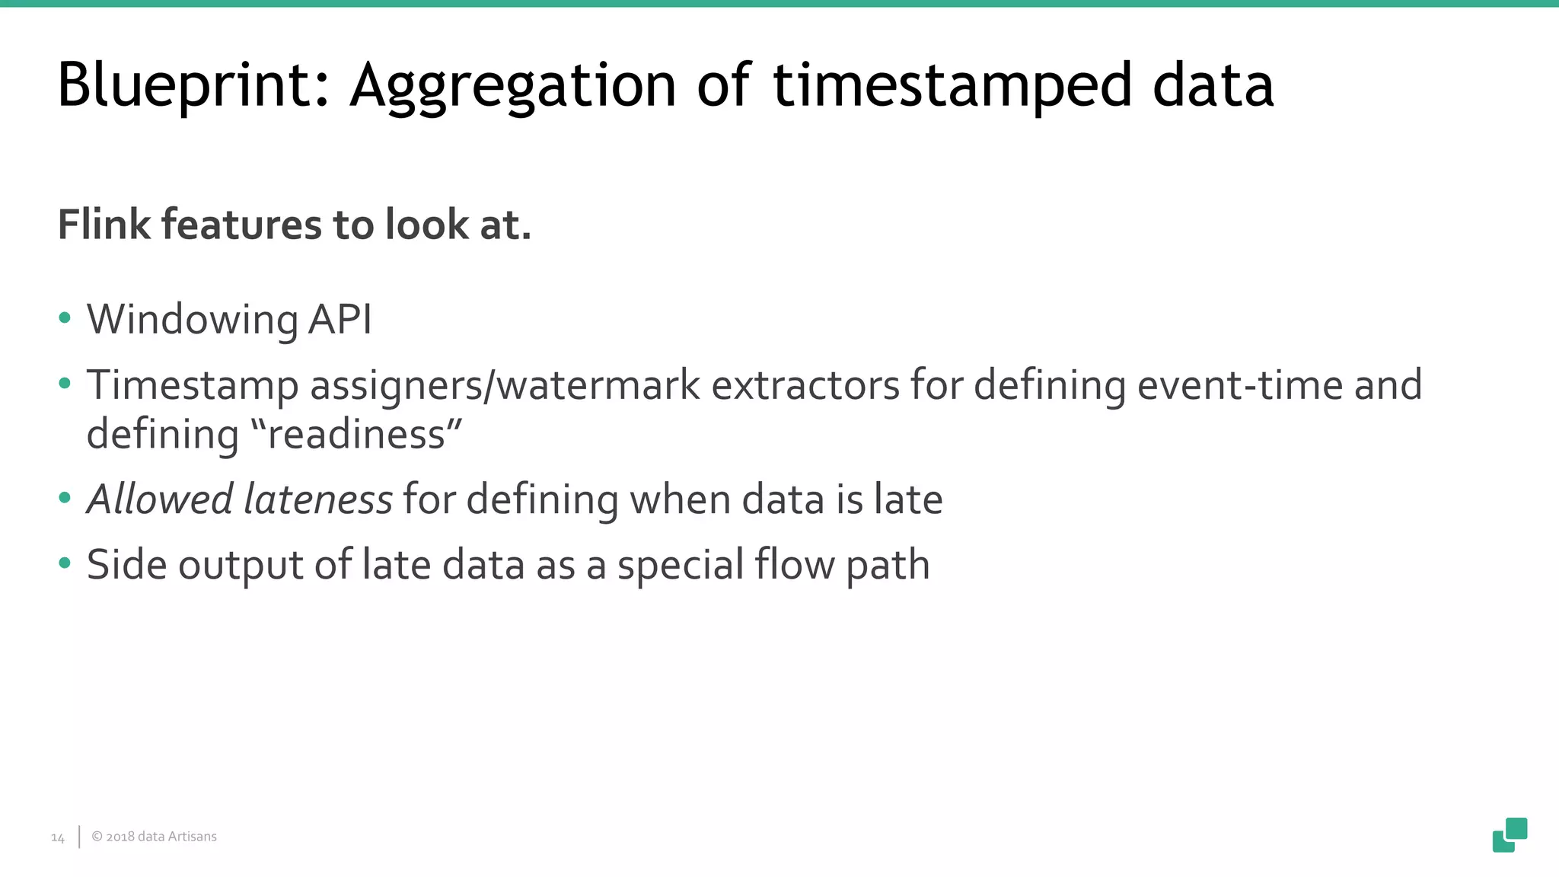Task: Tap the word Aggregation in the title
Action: click(x=512, y=85)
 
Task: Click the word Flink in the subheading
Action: click(x=104, y=225)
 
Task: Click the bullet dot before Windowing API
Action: click(x=65, y=318)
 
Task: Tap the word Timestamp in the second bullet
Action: click(x=193, y=385)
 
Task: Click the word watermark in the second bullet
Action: click(x=598, y=384)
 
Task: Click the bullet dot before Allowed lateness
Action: click(x=65, y=499)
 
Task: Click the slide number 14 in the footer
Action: click(x=58, y=837)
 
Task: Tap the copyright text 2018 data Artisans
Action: click(x=155, y=837)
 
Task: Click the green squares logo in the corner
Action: click(x=1510, y=834)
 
